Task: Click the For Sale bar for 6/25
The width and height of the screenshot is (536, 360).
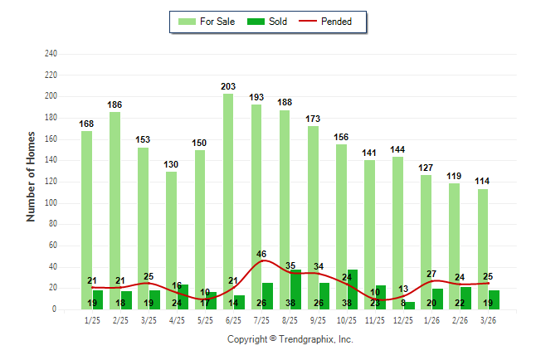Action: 227,199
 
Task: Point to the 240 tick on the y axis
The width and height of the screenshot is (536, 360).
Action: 51,54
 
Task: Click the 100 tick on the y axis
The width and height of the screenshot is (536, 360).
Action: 51,202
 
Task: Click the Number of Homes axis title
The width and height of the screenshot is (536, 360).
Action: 32,176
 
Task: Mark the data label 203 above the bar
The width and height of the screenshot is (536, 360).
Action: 228,86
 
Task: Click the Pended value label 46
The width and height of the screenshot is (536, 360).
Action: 261,254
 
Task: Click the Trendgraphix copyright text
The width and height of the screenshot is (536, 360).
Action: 290,339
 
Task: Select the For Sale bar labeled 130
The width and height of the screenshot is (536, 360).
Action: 171,241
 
